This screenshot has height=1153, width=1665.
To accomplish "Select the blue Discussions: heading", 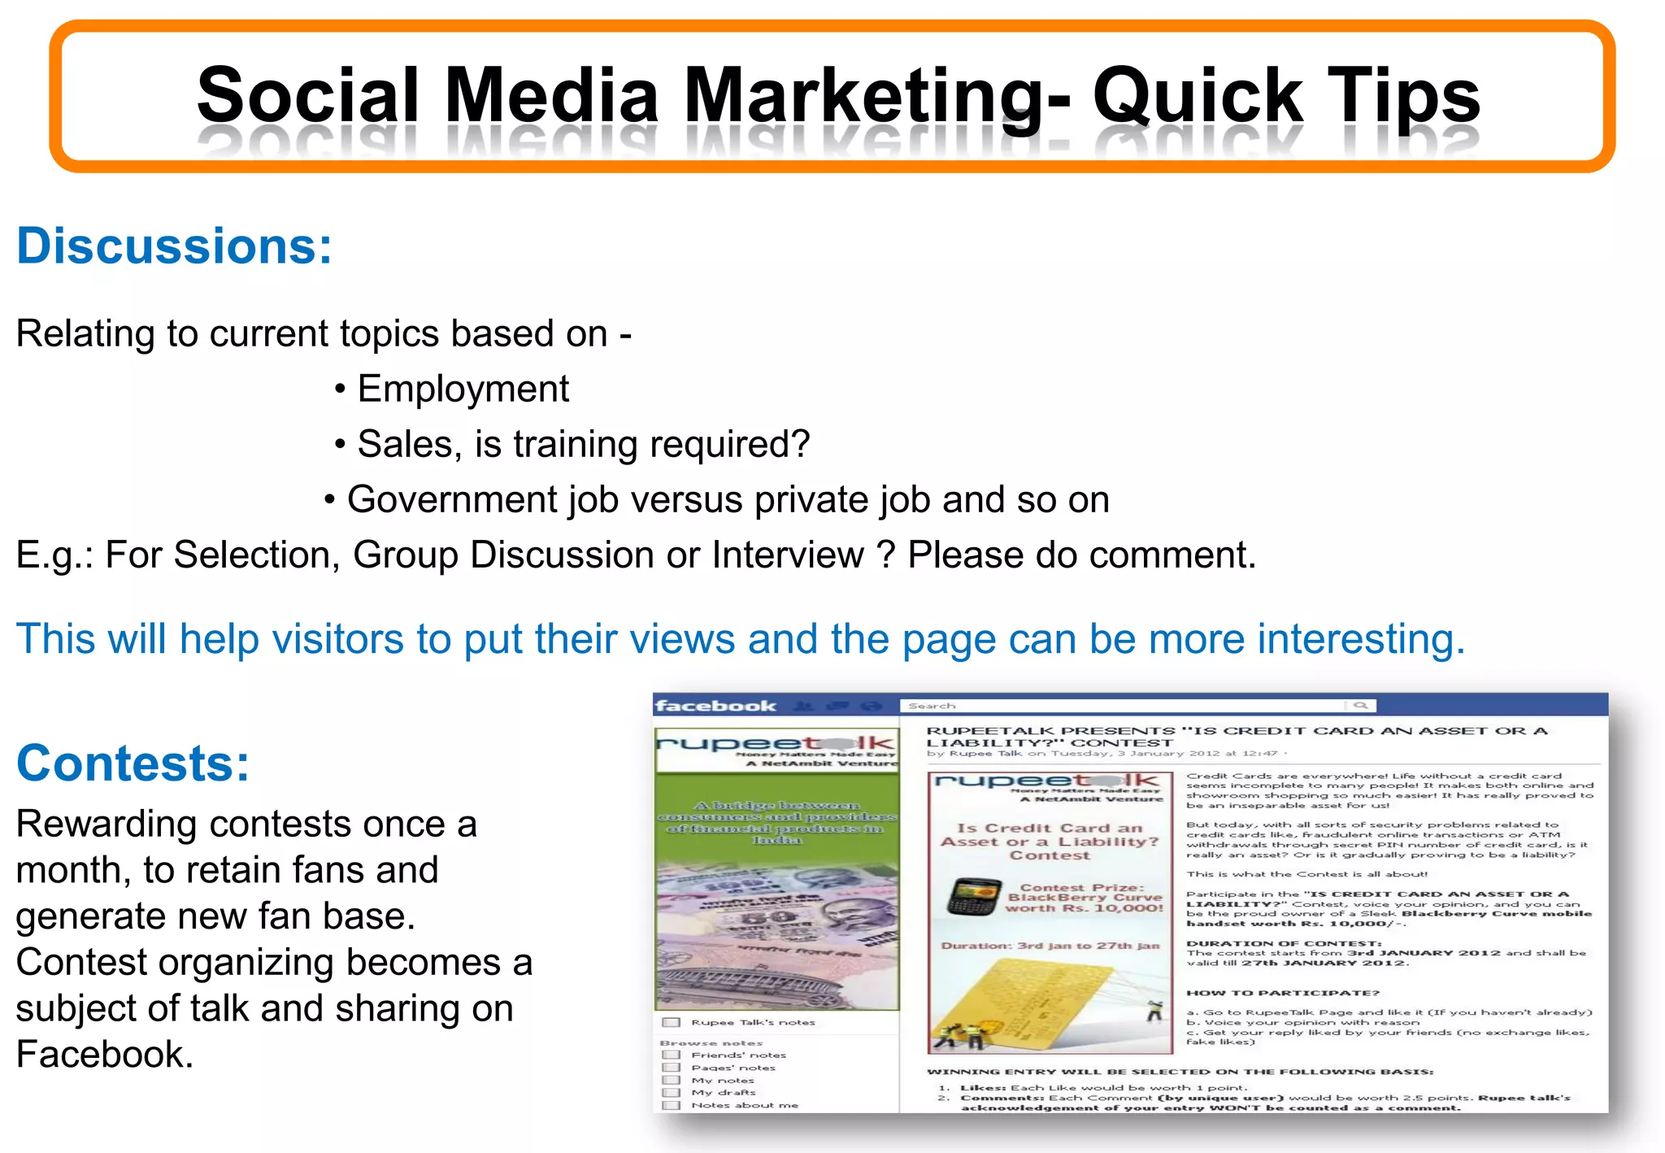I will click(174, 246).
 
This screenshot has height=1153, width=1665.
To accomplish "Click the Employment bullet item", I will click(463, 389).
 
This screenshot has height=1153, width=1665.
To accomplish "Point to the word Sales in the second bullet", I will click(406, 444).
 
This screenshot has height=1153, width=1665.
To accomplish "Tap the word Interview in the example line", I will click(787, 555).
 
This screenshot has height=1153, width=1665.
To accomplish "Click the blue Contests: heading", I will click(133, 763).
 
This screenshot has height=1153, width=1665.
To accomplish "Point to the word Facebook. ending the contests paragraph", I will click(104, 1054).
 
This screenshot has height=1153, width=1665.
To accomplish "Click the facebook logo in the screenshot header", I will click(715, 706).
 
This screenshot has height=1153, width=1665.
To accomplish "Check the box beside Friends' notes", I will click(672, 1055).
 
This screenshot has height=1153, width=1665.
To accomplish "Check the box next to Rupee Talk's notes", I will click(672, 1023).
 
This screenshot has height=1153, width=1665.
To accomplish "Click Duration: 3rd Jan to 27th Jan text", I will click(1050, 946).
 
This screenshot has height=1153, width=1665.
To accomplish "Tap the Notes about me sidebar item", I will click(744, 1105).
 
